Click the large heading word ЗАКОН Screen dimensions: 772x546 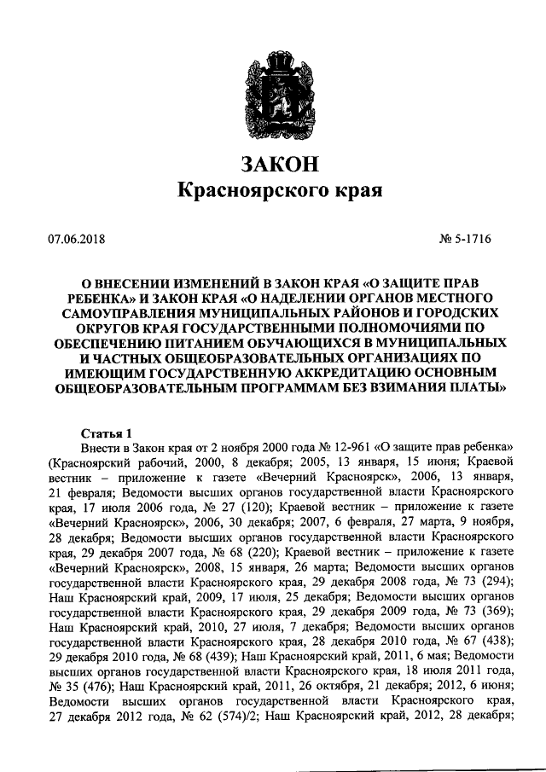click(x=273, y=162)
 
